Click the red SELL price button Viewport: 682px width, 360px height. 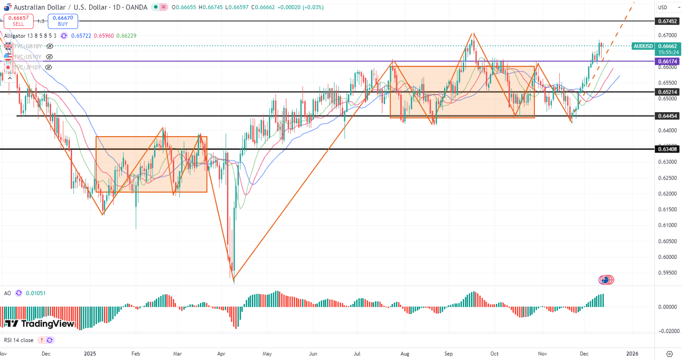pos(18,21)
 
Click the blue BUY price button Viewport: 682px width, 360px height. pos(63,21)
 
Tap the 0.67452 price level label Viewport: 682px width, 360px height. pos(667,21)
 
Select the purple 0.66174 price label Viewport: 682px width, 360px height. pos(667,61)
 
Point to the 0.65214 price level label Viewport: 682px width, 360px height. pos(667,92)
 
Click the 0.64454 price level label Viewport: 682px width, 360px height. pos(667,116)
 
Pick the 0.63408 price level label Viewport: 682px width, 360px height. pos(667,149)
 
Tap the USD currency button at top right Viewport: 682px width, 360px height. pos(663,7)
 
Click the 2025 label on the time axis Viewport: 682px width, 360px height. pos(90,354)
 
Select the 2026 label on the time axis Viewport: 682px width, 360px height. pos(632,354)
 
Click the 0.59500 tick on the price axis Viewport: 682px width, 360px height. pos(667,273)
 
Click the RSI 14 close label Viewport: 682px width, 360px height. pos(18,340)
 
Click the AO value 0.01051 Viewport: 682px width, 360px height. pos(35,293)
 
